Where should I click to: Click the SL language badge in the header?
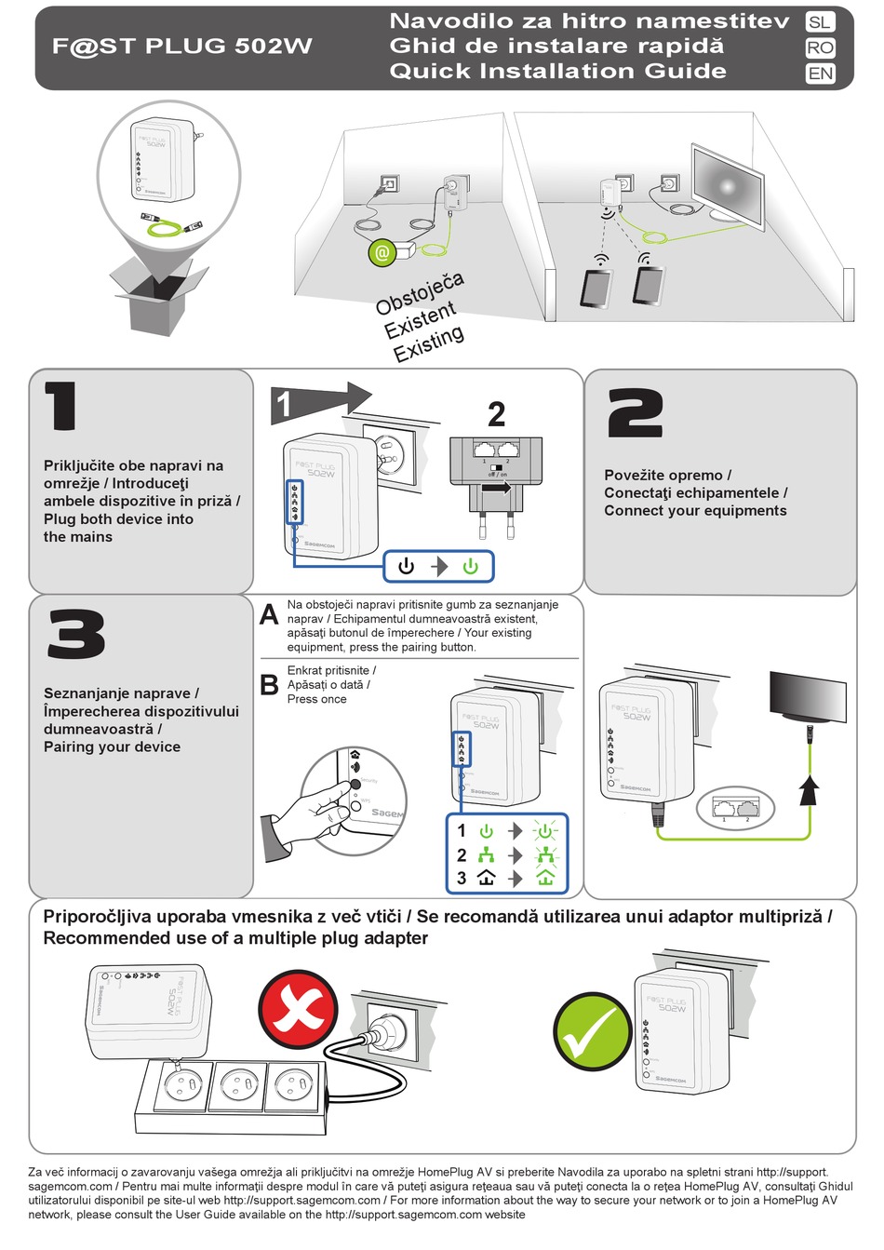point(820,22)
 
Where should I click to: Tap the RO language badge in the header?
point(820,47)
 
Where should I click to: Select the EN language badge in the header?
point(820,74)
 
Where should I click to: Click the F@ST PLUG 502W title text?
point(181,47)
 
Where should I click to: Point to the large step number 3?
point(76,635)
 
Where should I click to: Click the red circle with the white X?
point(298,1007)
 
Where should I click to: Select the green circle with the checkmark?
point(592,1031)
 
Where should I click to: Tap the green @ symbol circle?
point(382,252)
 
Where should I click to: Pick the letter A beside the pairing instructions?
point(269,615)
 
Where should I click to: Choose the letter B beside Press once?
point(269,685)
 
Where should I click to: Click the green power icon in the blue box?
point(471,566)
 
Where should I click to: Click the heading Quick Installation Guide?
point(557,72)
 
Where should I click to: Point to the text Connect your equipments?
point(695,511)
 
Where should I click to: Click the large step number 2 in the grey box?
point(636,414)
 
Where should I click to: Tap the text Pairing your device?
point(112,746)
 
